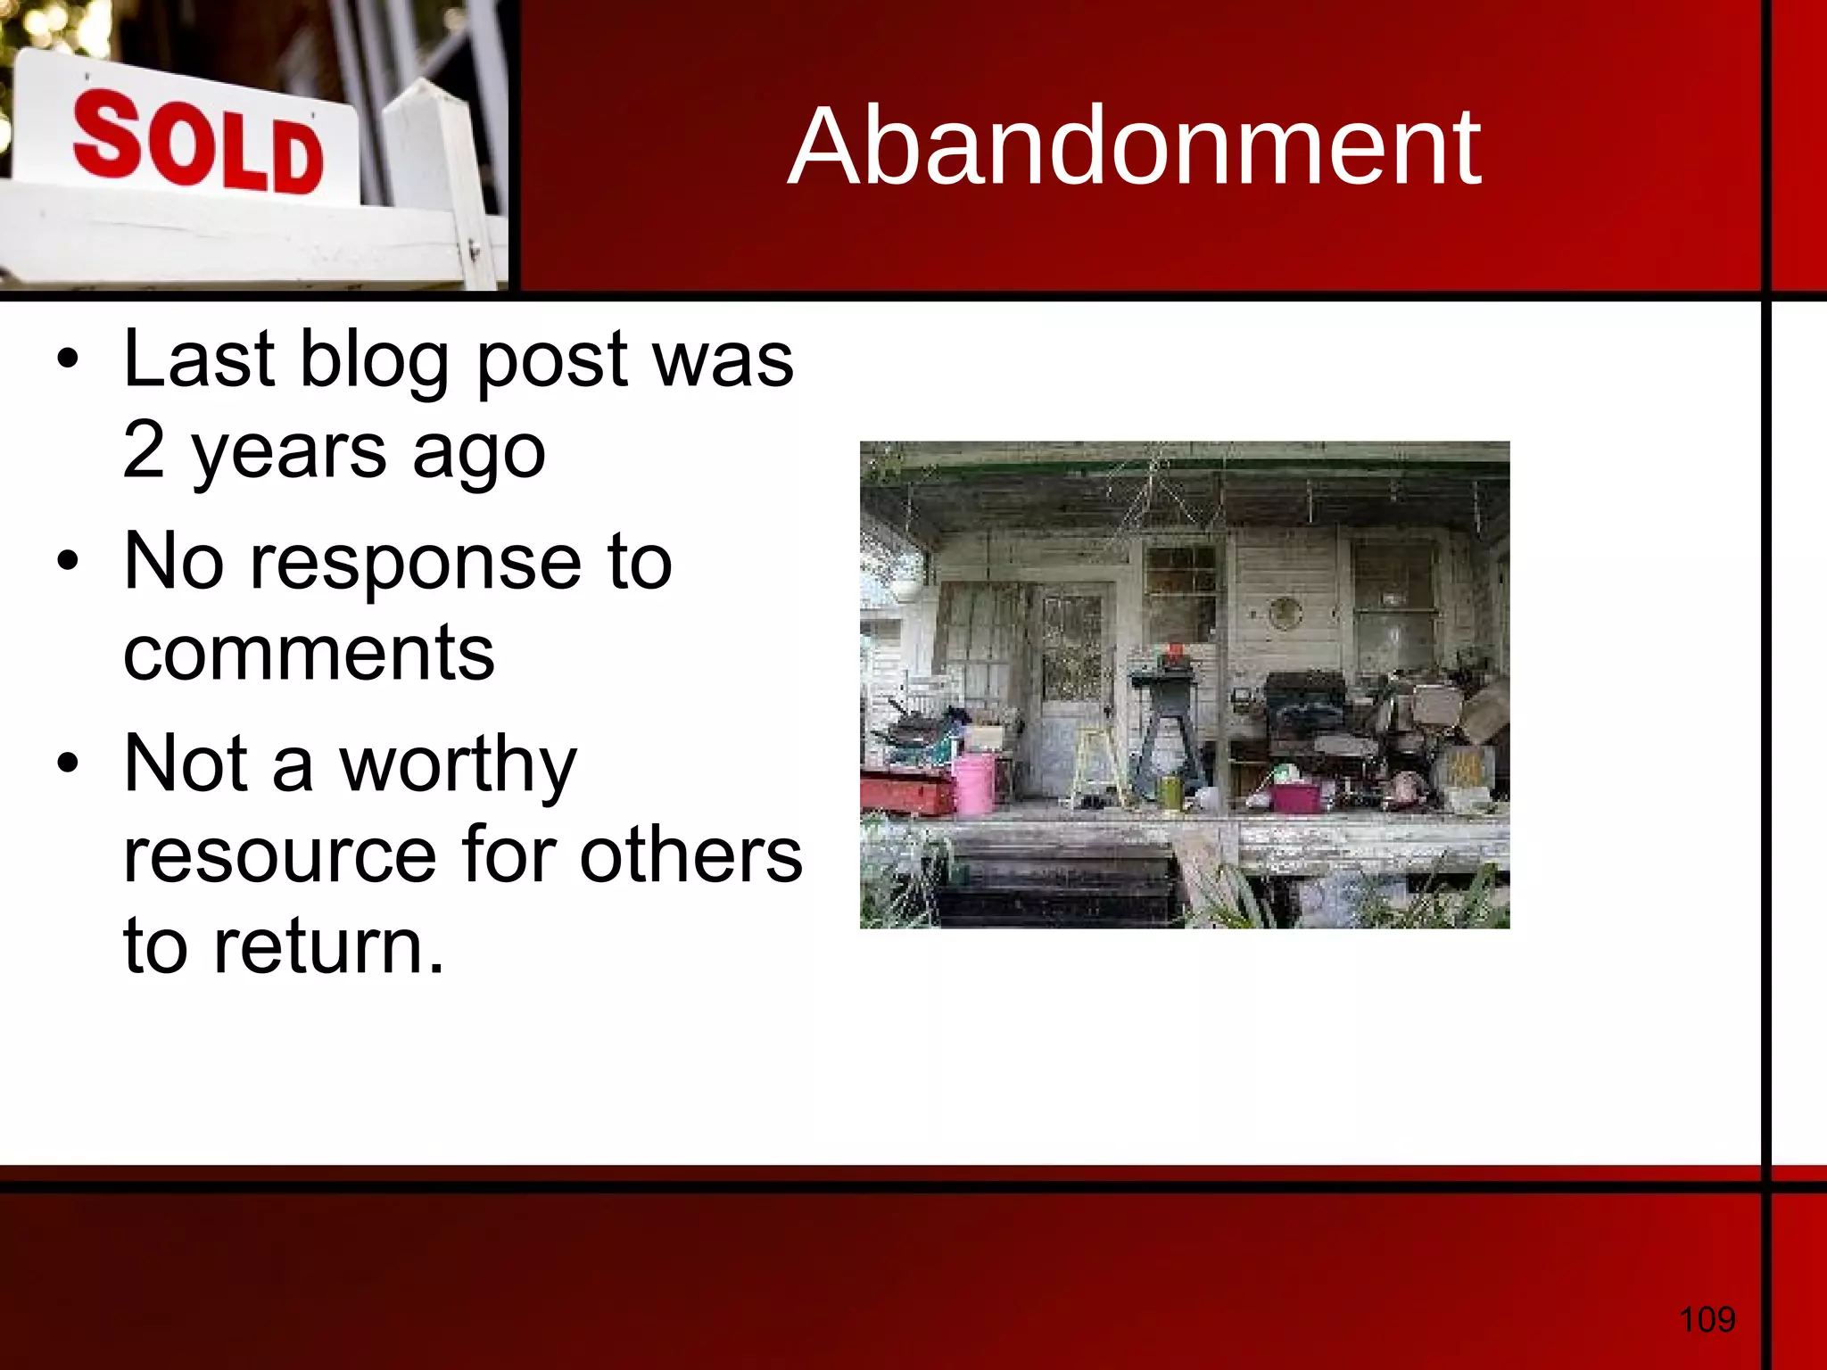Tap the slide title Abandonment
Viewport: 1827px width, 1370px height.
click(x=1134, y=146)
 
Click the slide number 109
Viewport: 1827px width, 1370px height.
click(x=1707, y=1318)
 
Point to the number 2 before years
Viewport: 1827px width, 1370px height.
click(x=145, y=450)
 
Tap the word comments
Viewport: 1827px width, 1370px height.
click(x=309, y=654)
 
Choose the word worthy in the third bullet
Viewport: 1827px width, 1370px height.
click(x=458, y=766)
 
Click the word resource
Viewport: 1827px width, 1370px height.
click(x=279, y=855)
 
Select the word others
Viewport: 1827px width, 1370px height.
click(x=690, y=855)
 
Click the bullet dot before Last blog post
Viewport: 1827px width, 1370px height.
click(x=68, y=361)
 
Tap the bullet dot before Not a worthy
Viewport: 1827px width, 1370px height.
click(x=68, y=764)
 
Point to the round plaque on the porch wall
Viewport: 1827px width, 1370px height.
click(x=1285, y=613)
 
